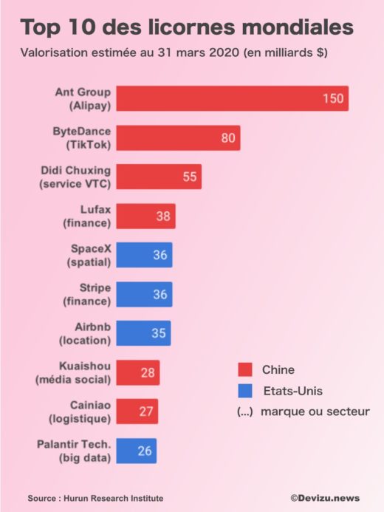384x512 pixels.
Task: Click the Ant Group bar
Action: (x=232, y=98)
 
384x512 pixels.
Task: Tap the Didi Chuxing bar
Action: (x=159, y=177)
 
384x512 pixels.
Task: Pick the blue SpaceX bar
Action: (x=144, y=255)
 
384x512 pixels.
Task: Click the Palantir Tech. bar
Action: (x=136, y=451)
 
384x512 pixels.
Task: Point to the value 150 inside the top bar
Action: (x=332, y=99)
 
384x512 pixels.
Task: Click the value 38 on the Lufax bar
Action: (x=163, y=216)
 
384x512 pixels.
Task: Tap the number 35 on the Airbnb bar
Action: (x=158, y=333)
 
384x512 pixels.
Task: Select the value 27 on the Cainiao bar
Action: (x=146, y=412)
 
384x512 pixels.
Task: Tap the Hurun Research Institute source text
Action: (x=114, y=498)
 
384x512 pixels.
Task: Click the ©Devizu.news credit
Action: (x=325, y=499)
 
